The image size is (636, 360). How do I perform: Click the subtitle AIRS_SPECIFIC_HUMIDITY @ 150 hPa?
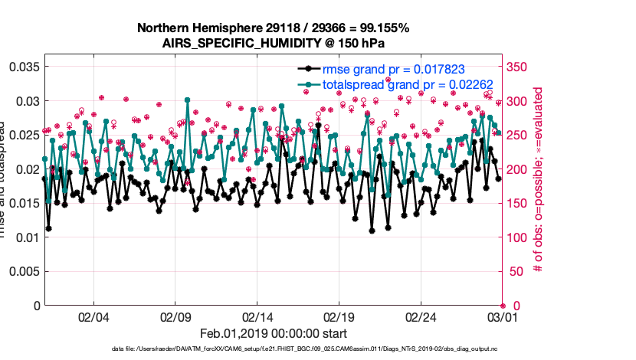[x=273, y=43]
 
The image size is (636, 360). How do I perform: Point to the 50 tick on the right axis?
[x=515, y=271]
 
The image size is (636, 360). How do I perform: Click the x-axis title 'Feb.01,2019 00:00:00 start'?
[x=273, y=333]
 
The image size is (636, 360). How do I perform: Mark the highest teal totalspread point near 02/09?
[x=188, y=100]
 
